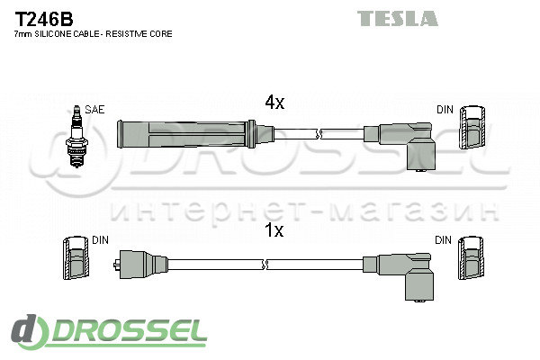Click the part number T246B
pos(44,18)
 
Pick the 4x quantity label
pos(274,103)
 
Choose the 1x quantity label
pos(274,230)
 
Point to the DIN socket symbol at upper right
pos(471,129)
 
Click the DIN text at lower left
pos(100,240)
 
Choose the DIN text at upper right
pos(445,110)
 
